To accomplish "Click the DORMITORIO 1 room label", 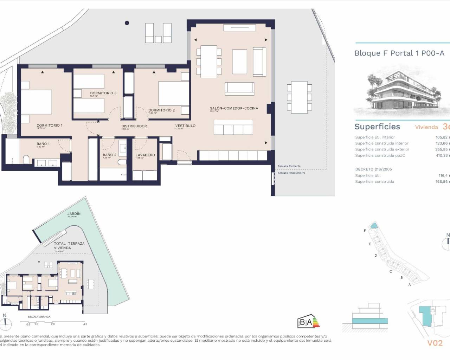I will coord(49,126).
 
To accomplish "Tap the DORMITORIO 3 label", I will coord(103,93).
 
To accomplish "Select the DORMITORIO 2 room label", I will coord(161,110).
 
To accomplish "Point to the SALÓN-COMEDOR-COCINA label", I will coord(234,108).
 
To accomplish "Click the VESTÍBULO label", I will coord(185,126).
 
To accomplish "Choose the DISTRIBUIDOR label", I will coord(134,126).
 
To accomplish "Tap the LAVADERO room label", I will coord(145,155).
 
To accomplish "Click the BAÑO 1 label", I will coord(43,144).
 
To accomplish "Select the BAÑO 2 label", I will coord(109,155).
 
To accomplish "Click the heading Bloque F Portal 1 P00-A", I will coord(399,53).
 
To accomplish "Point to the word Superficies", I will coord(377,127).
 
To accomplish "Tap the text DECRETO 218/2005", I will coord(373,169).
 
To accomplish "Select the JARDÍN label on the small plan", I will coord(74,214).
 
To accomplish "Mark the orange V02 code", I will coord(435,343).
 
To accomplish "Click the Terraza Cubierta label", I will coord(289,166).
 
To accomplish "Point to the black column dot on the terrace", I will coord(127,23).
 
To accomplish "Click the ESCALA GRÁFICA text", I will coord(39,317).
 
